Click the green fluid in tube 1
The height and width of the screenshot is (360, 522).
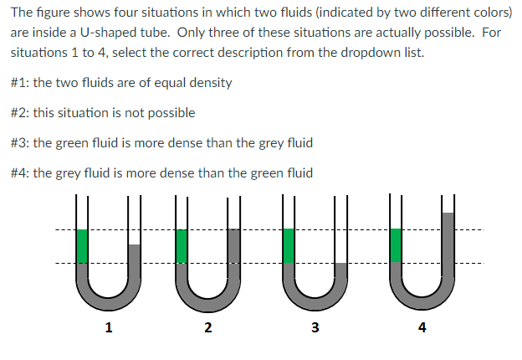82,246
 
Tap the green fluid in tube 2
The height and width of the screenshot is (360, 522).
182,245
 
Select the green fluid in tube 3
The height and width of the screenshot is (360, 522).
289,245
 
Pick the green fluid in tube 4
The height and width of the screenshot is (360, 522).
397,245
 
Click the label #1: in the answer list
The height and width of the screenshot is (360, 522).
21,83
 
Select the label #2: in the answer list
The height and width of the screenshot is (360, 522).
21,113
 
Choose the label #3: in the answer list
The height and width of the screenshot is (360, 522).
21,143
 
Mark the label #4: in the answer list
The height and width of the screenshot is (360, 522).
21,173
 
